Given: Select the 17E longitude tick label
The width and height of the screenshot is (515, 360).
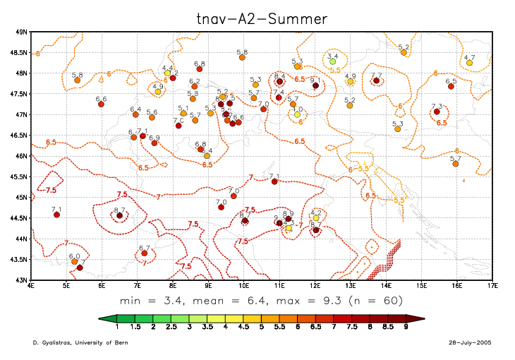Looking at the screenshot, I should [x=492, y=287].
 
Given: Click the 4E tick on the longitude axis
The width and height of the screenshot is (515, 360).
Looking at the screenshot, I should [x=30, y=287].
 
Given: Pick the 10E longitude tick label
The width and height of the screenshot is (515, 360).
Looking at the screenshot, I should [x=243, y=287].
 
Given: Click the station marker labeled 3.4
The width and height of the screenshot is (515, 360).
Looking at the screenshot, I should [x=333, y=61].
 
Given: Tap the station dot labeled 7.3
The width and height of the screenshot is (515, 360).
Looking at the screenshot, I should [x=437, y=112].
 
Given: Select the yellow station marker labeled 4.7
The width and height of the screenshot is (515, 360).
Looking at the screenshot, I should [x=469, y=63].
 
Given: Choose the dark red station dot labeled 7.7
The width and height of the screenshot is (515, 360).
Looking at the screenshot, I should [x=376, y=80].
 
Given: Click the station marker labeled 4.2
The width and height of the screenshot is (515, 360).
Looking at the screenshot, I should [x=316, y=218].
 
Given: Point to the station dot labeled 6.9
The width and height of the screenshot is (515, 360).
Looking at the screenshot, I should [x=154, y=143].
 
